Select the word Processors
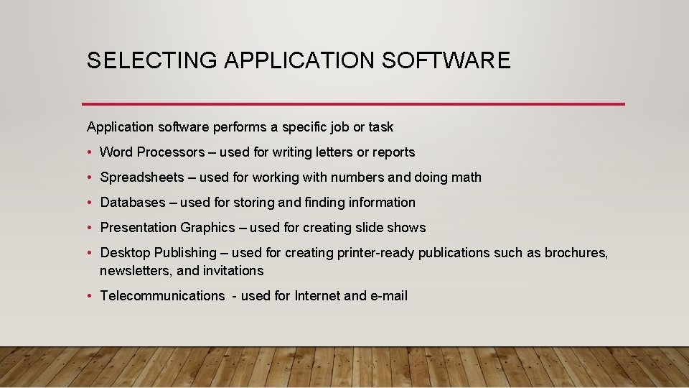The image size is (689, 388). pyautogui.click(x=171, y=152)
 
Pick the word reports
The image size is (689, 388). pyautogui.click(x=394, y=152)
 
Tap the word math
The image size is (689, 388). pyautogui.click(x=467, y=177)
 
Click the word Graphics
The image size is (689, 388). pyautogui.click(x=207, y=228)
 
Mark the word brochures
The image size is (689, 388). pyautogui.click(x=576, y=253)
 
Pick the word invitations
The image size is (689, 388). pyautogui.click(x=233, y=271)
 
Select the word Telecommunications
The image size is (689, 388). pyautogui.click(x=162, y=296)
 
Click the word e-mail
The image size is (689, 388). pyautogui.click(x=388, y=296)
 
